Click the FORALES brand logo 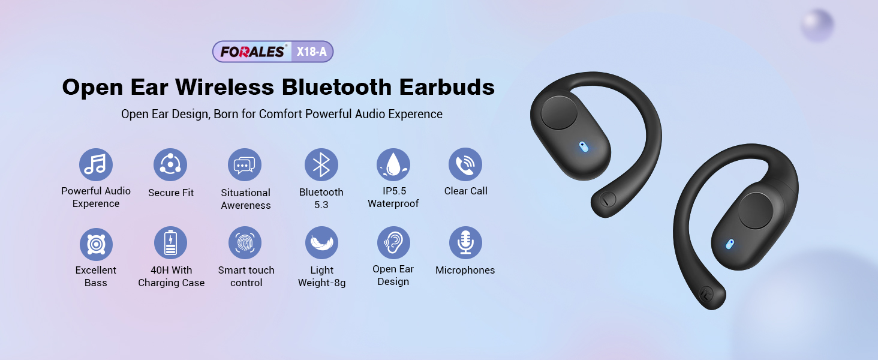click(252, 52)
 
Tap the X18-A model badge click(312, 52)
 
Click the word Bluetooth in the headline click(336, 86)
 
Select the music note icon click(95, 165)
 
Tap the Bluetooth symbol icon click(321, 165)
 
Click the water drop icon click(393, 165)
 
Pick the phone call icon click(465, 164)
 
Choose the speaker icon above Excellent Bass click(96, 244)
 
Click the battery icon click(170, 243)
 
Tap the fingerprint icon click(245, 243)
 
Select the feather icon click(322, 243)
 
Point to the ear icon click(393, 243)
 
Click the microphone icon click(465, 243)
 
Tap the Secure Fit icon click(170, 165)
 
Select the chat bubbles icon click(245, 165)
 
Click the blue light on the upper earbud click(584, 147)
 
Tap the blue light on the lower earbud click(729, 244)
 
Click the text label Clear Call click(465, 191)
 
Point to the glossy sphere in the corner click(817, 25)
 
